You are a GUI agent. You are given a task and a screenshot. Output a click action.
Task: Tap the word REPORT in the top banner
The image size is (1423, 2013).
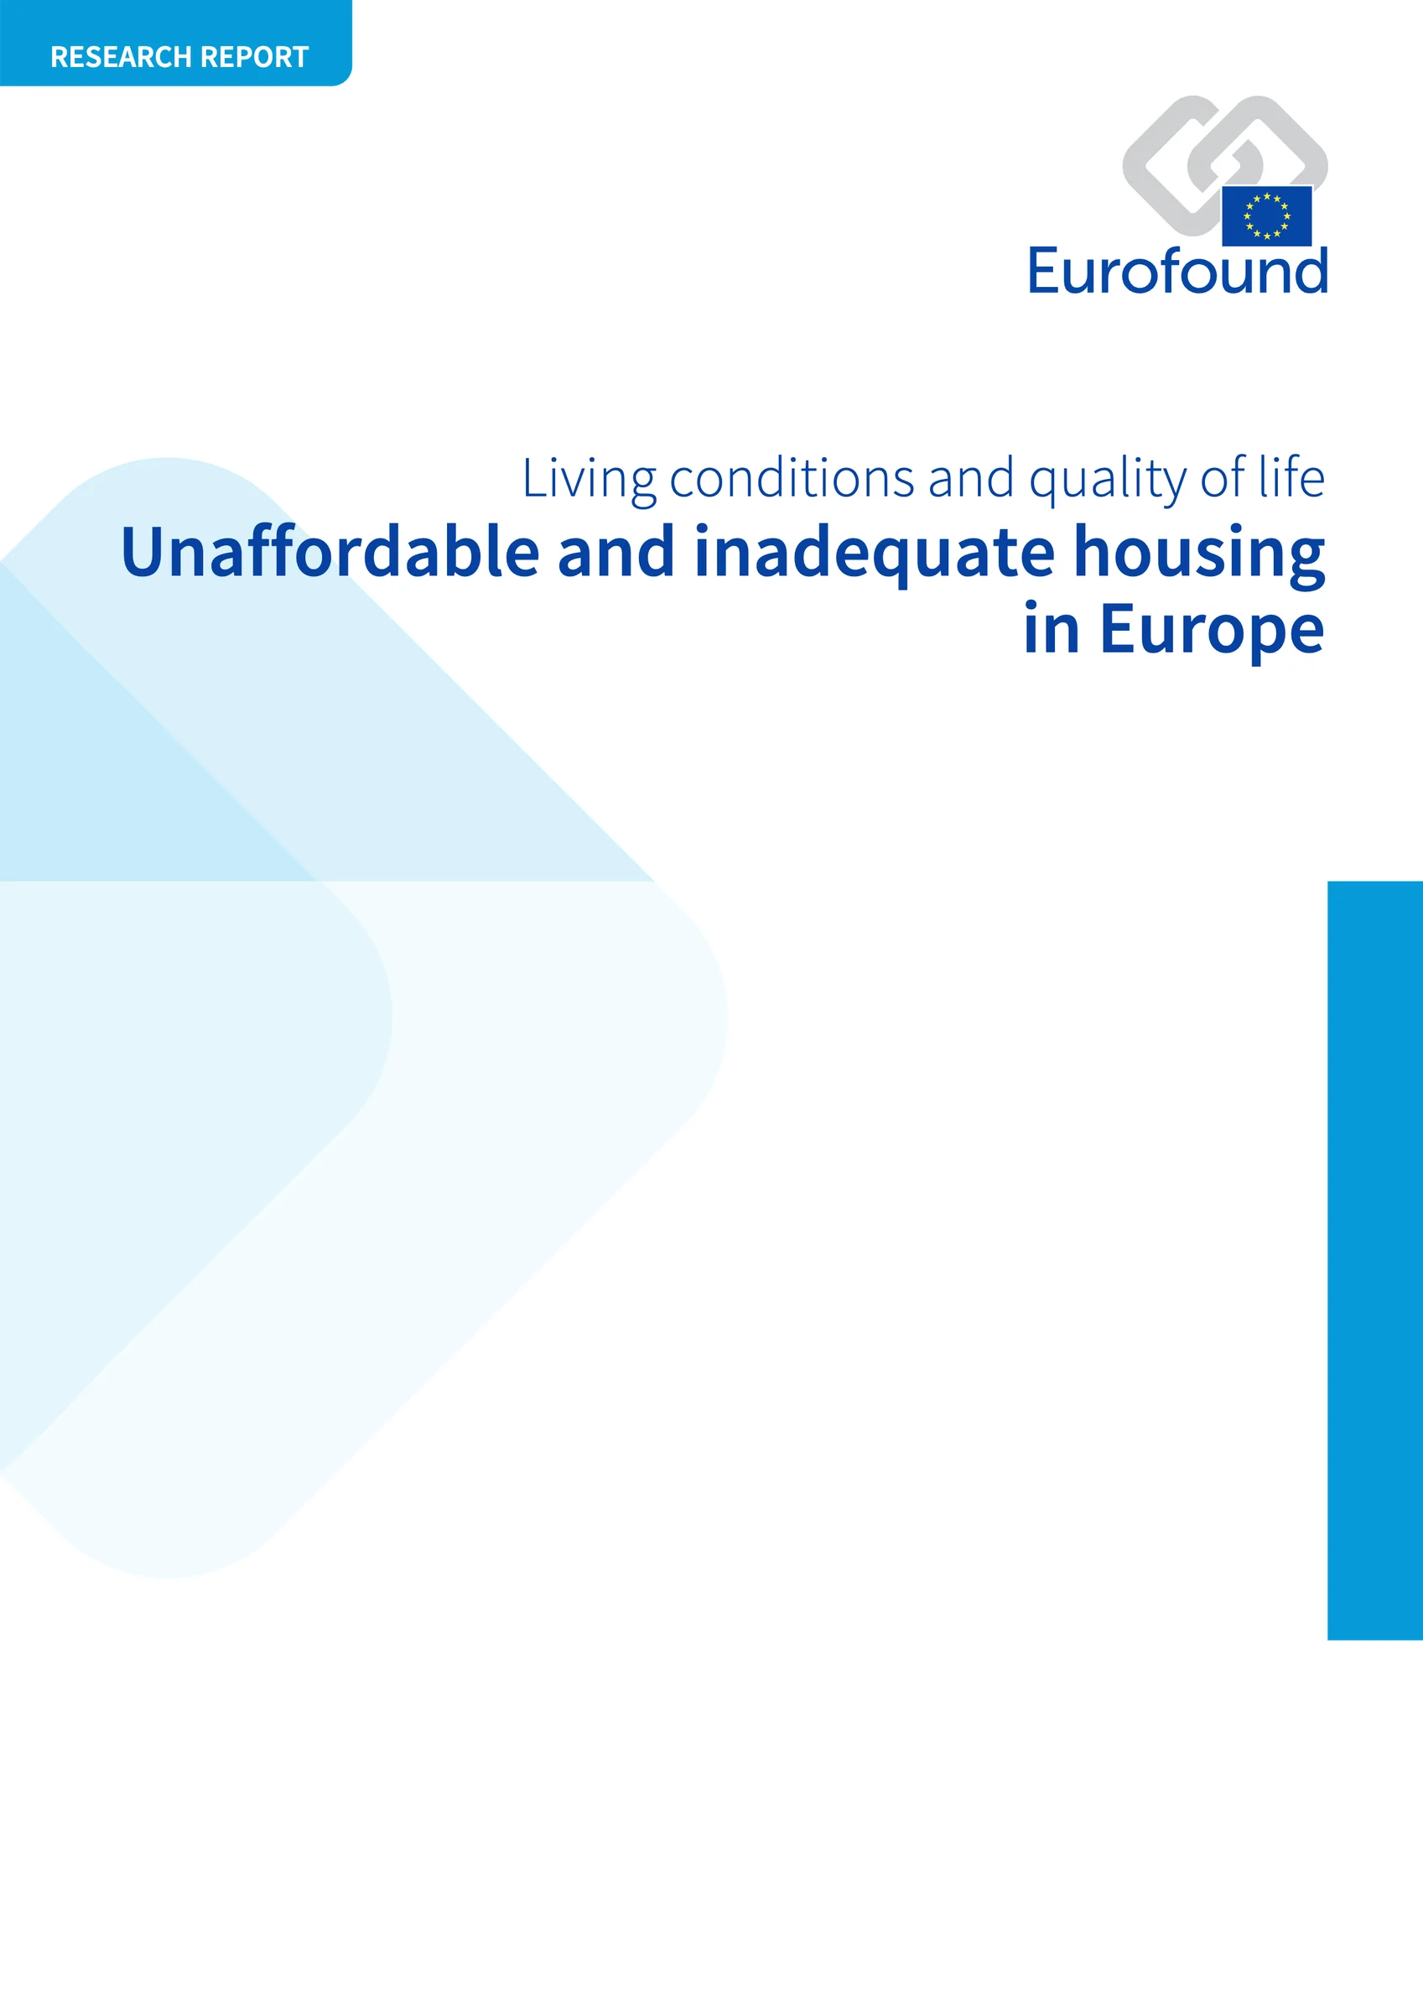254,57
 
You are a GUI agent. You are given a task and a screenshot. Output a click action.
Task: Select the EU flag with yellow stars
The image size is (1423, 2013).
1266,216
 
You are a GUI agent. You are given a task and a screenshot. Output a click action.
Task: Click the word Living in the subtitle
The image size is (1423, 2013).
589,480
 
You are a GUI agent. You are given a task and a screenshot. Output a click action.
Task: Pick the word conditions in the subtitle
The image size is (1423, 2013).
792,480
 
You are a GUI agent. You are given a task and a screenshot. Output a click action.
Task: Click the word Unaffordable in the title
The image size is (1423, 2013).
330,553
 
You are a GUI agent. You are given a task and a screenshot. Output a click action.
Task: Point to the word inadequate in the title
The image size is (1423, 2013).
874,554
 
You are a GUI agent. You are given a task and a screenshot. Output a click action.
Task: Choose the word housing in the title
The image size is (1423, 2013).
1198,554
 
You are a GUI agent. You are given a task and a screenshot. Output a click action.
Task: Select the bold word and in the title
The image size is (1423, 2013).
615,553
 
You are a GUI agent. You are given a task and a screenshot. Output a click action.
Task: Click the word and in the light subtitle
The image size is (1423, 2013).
970,480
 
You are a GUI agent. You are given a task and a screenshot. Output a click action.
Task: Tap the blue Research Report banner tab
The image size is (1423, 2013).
175,43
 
